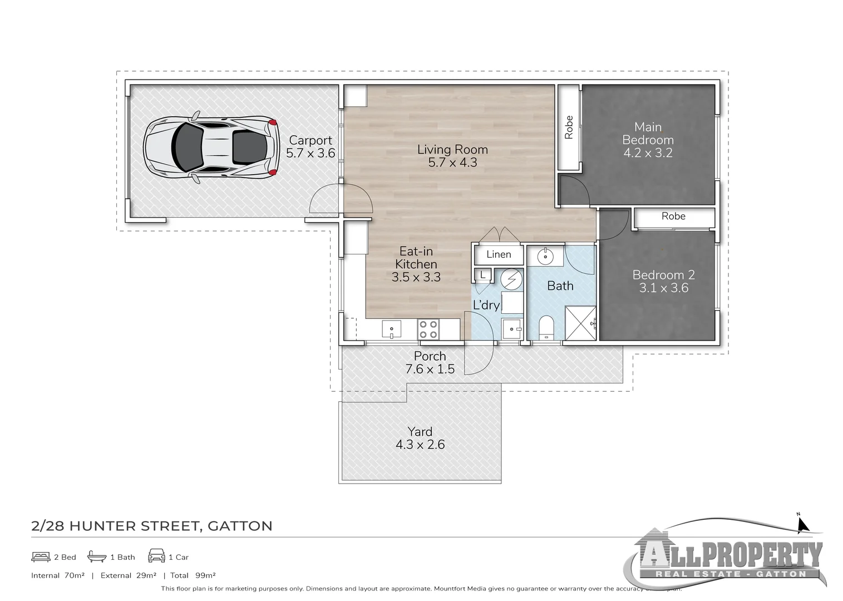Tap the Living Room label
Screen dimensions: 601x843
point(452,149)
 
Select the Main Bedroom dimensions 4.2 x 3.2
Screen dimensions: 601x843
point(648,153)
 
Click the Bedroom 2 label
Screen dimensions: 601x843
point(663,275)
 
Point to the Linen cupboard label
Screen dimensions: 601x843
point(499,254)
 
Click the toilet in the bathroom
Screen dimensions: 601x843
point(547,327)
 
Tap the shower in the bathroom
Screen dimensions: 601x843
point(580,323)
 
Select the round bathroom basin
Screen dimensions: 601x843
point(545,257)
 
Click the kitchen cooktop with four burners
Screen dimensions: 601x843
point(428,329)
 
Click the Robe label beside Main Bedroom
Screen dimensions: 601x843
point(569,127)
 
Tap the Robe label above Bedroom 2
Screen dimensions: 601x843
point(673,216)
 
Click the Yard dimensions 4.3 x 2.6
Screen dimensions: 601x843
point(420,445)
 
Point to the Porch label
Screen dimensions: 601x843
point(430,356)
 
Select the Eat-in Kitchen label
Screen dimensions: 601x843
point(416,258)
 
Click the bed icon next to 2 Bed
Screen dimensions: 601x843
point(41,556)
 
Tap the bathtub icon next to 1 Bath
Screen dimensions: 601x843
point(97,556)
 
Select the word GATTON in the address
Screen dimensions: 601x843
point(240,526)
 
